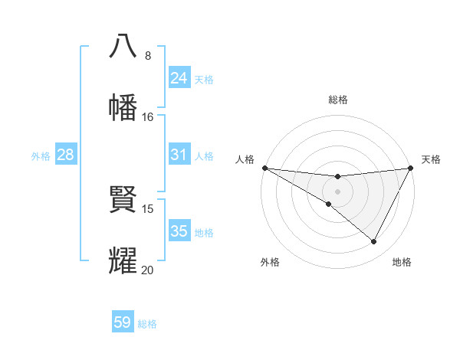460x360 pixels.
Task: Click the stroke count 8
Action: click(148, 56)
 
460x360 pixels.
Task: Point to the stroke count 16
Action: click(148, 117)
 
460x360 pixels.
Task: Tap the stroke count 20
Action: click(148, 270)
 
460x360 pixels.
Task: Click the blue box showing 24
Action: click(179, 78)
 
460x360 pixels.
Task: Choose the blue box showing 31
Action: click(179, 155)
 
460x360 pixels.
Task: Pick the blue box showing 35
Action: click(179, 231)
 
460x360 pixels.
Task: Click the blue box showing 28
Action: click(66, 155)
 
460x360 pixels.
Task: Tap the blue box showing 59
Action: click(123, 322)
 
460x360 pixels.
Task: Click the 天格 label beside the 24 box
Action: click(204, 79)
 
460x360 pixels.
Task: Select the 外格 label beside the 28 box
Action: click(41, 155)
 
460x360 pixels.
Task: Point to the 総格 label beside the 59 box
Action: click(147, 323)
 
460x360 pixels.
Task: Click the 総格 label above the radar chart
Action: click(338, 100)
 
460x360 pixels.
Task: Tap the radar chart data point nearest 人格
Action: click(264, 168)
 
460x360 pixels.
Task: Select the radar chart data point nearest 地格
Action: click(374, 242)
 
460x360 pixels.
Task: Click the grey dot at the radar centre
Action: click(337, 191)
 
